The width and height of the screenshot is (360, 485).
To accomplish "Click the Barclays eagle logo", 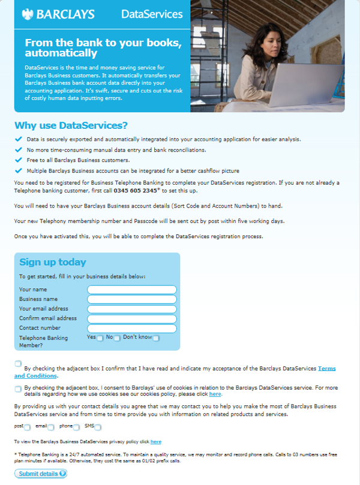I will [27, 13].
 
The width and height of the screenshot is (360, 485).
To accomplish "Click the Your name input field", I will [132, 290].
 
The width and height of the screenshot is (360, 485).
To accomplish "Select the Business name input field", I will [132, 299].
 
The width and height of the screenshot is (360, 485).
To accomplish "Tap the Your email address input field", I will [132, 309].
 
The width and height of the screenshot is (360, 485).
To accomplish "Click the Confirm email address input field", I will [132, 318].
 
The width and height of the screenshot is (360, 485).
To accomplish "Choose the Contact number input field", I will [132, 328].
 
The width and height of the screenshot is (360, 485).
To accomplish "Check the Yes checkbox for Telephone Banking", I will [100, 338].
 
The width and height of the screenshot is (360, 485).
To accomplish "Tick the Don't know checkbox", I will [155, 338].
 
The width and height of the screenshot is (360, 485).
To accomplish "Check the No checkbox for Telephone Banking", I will [117, 338].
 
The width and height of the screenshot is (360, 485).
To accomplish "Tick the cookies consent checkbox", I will [18, 388].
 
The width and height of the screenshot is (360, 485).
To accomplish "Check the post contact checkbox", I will [27, 427].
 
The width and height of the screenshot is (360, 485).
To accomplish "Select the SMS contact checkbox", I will [97, 427].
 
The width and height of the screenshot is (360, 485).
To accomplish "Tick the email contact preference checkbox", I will [51, 427].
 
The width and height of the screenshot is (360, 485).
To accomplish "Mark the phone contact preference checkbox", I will [76, 427].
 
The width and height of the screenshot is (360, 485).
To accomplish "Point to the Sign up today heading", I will [53, 262].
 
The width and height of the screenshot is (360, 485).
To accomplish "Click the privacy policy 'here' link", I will [155, 442].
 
